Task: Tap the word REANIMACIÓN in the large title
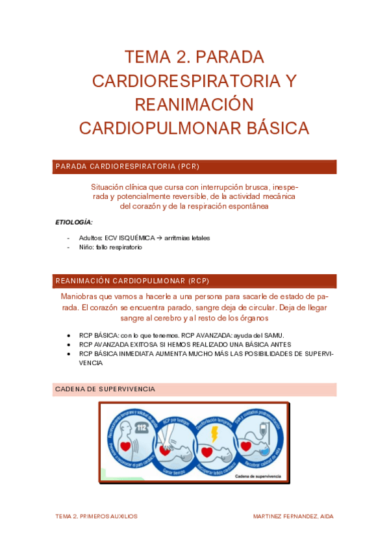[194, 105]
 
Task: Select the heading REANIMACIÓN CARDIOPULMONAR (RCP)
[132, 281]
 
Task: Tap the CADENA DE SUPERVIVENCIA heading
[105, 389]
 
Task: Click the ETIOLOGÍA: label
[74, 222]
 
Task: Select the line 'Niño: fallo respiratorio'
[110, 247]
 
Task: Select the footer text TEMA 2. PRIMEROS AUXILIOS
[96, 516]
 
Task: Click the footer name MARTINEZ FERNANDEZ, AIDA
[293, 516]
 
